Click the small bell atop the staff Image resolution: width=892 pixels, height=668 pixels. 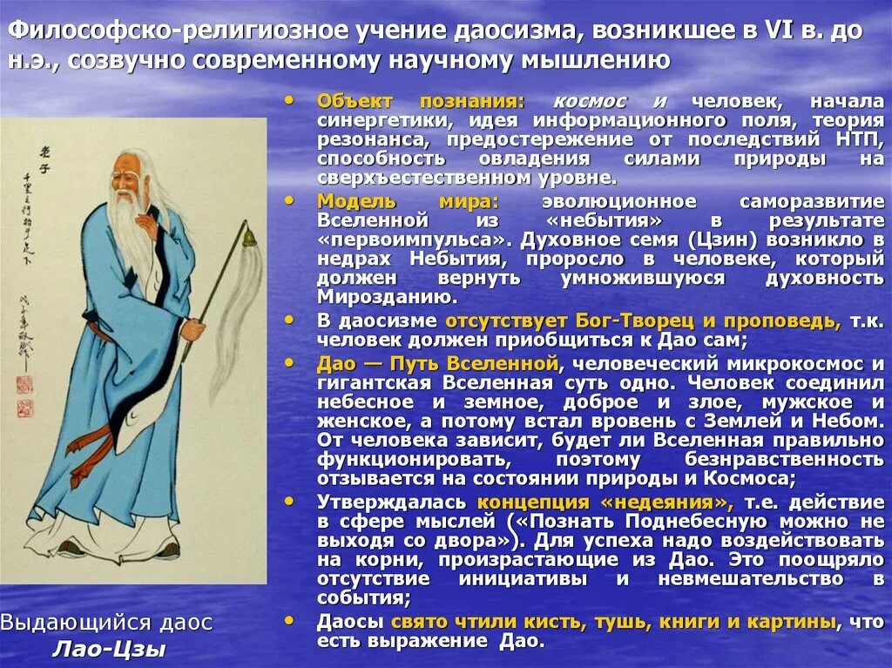[248, 235]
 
